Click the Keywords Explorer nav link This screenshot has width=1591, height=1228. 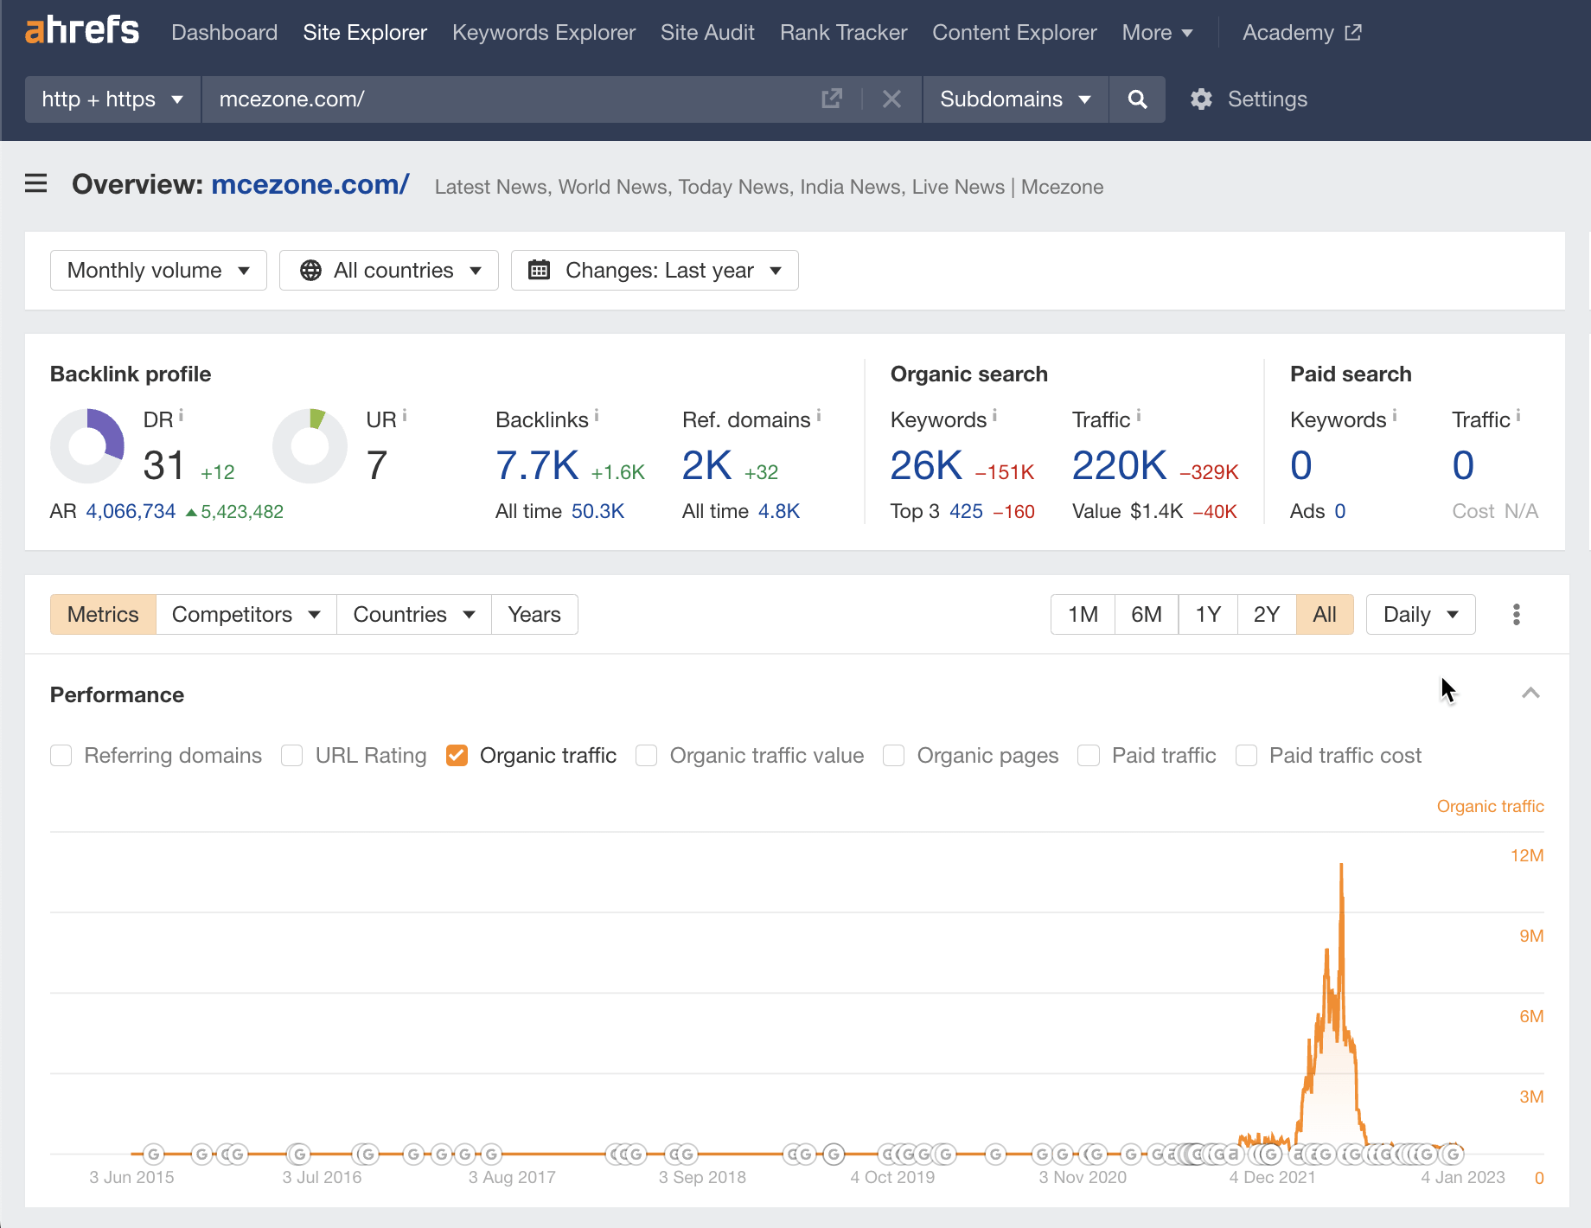[544, 33]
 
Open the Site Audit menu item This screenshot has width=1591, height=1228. [707, 33]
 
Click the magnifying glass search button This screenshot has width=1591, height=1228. [1137, 99]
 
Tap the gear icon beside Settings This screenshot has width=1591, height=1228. [1201, 99]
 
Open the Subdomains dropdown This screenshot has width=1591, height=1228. [1015, 99]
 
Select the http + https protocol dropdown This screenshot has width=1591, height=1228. [112, 99]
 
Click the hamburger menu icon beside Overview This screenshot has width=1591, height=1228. [36, 183]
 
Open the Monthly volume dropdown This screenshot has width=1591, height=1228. [158, 271]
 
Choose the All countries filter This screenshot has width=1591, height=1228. [389, 271]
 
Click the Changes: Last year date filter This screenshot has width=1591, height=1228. [655, 271]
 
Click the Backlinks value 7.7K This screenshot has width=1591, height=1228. [537, 465]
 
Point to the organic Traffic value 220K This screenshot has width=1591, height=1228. [1120, 465]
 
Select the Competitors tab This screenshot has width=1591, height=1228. [246, 615]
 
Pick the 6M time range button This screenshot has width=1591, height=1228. [1147, 615]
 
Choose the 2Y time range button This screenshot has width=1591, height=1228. [1267, 615]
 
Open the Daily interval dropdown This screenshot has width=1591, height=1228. [1421, 615]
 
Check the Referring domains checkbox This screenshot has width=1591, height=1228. [61, 756]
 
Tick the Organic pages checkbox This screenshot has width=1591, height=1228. [894, 756]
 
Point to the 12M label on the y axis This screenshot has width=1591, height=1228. [1527, 855]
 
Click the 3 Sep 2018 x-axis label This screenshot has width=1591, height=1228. [702, 1177]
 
